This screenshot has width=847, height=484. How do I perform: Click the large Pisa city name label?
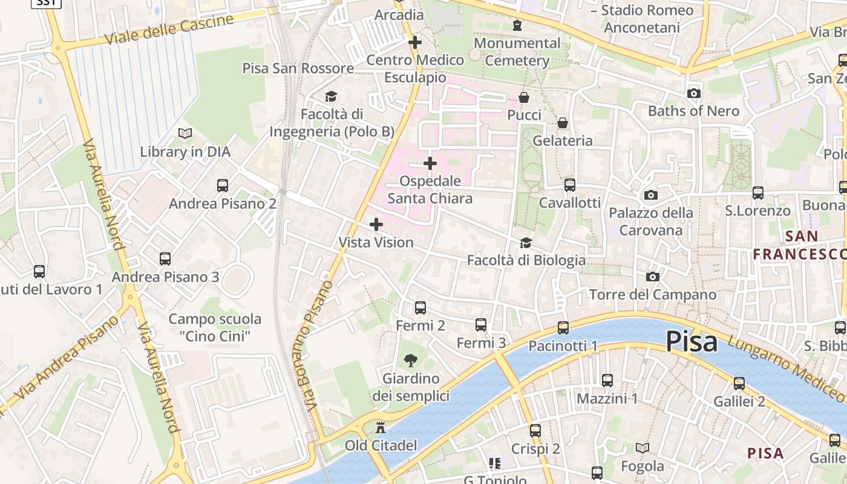point(692,342)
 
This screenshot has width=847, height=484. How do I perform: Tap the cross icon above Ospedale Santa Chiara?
point(430,163)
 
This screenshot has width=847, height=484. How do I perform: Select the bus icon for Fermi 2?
point(420,308)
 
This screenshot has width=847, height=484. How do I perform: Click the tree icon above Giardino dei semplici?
point(411,361)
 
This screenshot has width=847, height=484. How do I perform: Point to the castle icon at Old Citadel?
point(381,428)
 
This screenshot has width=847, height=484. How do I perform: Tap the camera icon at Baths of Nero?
point(694,93)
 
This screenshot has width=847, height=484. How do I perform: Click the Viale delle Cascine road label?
point(169,30)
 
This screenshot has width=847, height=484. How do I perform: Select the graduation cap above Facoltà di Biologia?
point(526,243)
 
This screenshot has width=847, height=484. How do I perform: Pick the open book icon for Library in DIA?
point(185,133)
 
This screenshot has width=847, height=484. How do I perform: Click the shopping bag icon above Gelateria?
point(563,123)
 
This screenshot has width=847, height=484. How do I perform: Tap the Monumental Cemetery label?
point(517,52)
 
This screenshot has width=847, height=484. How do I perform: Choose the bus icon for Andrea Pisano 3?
point(165,259)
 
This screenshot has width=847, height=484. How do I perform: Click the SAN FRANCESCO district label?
point(799,245)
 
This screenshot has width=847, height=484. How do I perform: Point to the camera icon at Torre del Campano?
point(652,276)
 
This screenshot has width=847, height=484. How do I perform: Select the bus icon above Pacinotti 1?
point(563,328)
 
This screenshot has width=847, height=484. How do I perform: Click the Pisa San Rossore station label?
point(298,68)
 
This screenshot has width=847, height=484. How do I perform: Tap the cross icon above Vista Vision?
point(376,224)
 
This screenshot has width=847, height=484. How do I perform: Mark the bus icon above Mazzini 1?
point(607,381)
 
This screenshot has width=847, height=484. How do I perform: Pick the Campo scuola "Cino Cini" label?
point(215,327)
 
